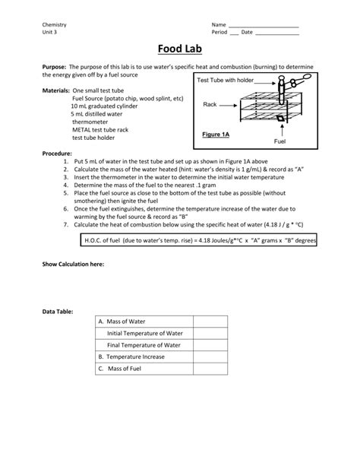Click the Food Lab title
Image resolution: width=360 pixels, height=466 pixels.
point(179,49)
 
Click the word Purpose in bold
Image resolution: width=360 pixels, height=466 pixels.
point(55,67)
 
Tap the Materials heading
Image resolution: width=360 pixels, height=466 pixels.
point(55,90)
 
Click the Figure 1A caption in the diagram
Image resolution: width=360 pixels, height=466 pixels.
point(216,135)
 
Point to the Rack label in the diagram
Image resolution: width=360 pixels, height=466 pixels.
point(210,104)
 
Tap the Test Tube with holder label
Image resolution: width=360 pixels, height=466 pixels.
point(226,80)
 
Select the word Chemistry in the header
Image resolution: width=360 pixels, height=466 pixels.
point(55,25)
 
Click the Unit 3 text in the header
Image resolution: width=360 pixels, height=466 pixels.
point(49,33)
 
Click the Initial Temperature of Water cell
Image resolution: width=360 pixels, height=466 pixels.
point(144,333)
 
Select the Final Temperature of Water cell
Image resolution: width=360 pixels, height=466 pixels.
point(144,344)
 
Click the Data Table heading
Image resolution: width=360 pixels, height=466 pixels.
point(59,311)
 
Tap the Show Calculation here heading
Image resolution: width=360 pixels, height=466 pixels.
point(73,264)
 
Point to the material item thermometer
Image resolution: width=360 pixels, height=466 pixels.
point(90,122)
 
